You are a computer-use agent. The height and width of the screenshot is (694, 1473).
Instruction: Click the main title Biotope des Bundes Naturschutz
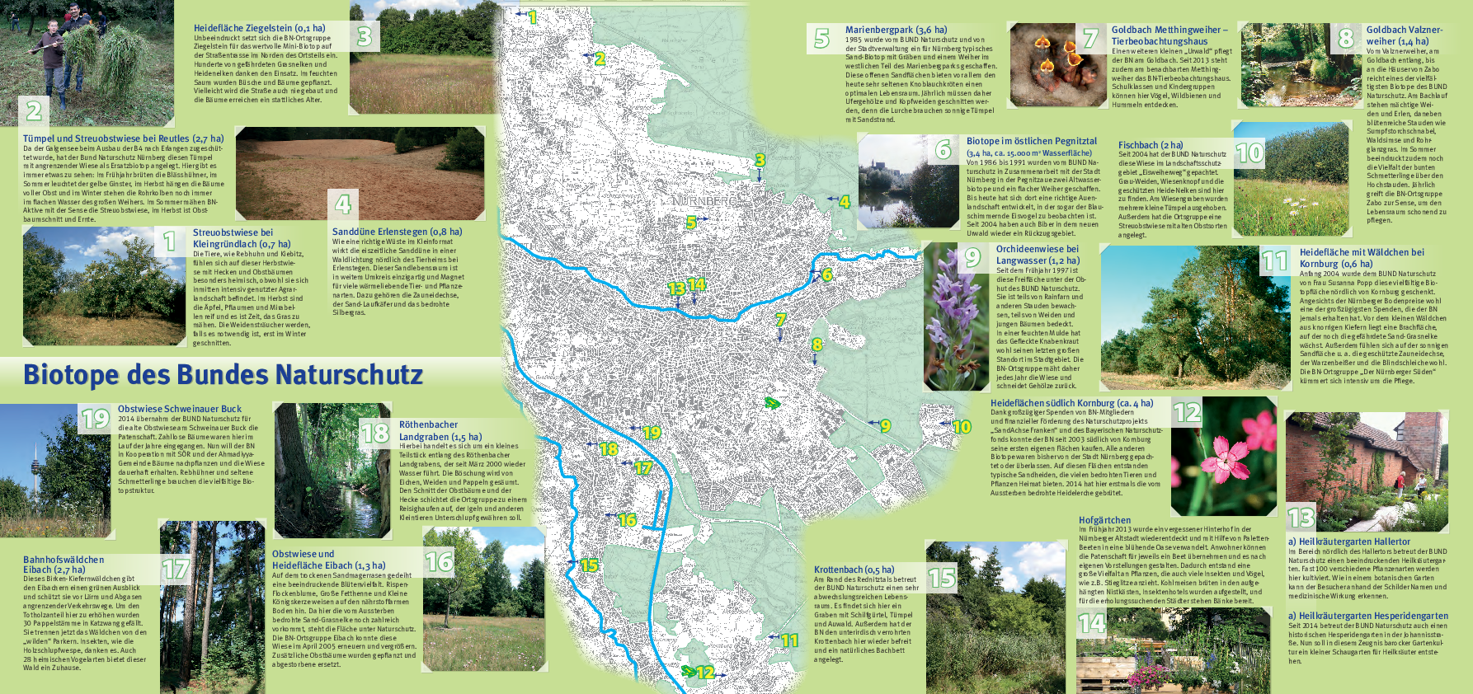[x=223, y=375]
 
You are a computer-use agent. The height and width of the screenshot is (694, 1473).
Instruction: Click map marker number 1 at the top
[x=533, y=17]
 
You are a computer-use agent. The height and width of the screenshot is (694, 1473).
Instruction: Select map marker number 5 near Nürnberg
[x=691, y=223]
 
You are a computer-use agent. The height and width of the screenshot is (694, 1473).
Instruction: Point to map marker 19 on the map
[x=652, y=432]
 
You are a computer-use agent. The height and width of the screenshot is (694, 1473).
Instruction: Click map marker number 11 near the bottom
[x=789, y=640]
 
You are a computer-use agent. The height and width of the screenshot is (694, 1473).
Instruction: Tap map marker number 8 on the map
[x=817, y=345]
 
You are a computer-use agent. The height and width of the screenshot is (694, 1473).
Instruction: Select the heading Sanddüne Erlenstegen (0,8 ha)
[x=397, y=232]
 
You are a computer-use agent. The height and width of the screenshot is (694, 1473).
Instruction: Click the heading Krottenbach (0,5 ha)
[x=854, y=570]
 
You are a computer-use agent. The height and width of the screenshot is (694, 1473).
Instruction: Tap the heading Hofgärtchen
[x=1104, y=520]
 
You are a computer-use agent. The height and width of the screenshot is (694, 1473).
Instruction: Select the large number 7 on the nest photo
[x=1090, y=38]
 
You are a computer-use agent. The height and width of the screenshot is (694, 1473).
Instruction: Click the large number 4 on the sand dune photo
[x=343, y=203]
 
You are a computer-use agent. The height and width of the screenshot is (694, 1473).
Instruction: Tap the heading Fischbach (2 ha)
[x=1150, y=145]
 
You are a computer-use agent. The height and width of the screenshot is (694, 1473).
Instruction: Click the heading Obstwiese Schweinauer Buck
[x=179, y=409]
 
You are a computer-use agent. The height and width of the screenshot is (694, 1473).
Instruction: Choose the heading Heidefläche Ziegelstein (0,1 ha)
[x=259, y=28]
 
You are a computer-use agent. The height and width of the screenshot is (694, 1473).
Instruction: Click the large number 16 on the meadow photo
[x=439, y=562]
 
